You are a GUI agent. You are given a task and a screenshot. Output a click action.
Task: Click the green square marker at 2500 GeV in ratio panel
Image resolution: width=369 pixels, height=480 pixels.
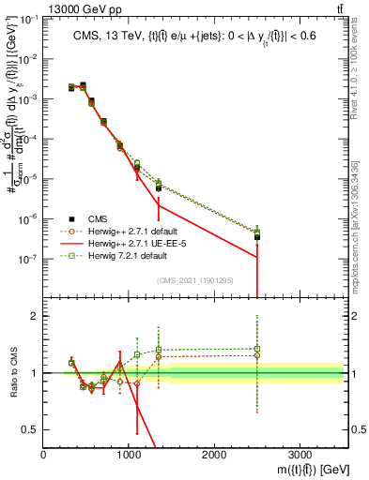tap(257, 349)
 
